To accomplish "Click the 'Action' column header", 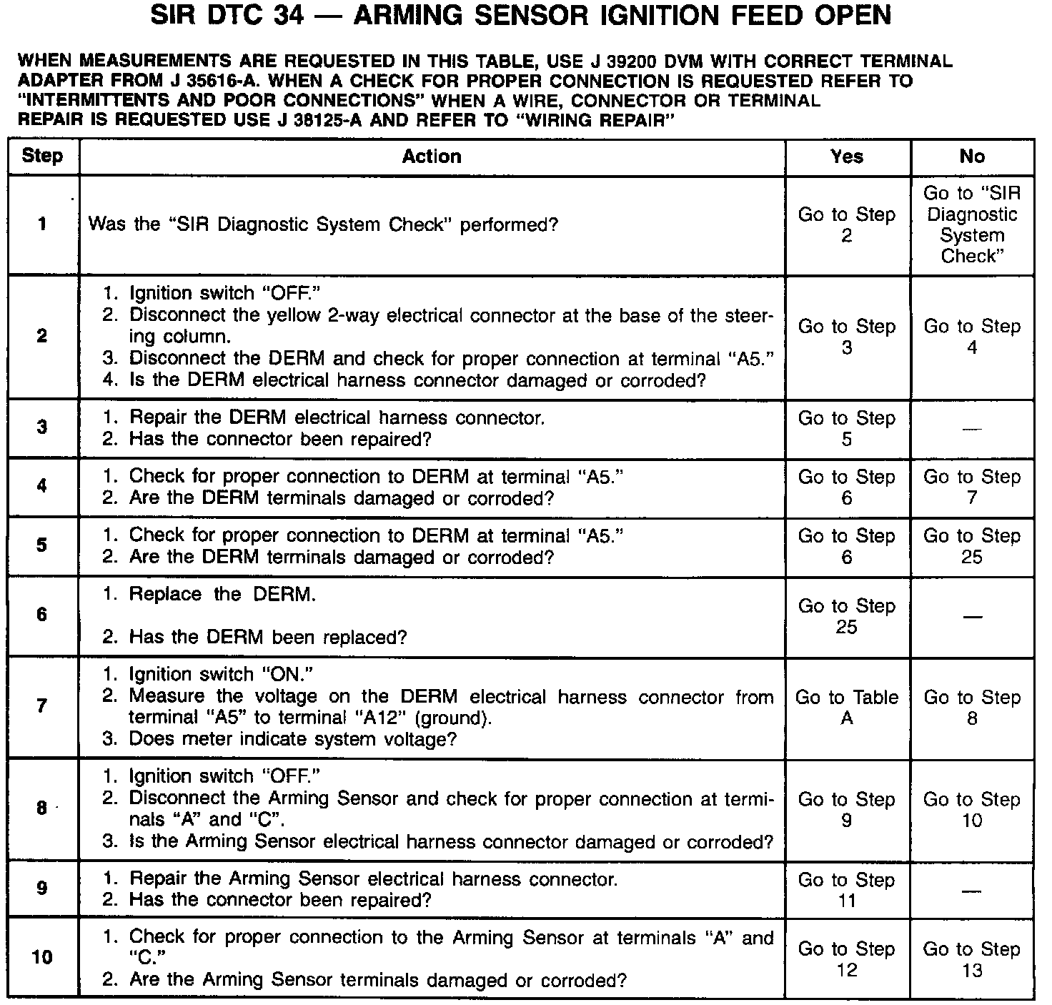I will [x=432, y=157].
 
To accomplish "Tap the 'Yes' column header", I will [x=847, y=157].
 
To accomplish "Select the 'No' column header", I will [x=972, y=157].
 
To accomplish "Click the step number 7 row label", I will [x=42, y=706].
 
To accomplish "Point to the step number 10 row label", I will [x=42, y=957].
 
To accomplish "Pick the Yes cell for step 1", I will [x=847, y=224].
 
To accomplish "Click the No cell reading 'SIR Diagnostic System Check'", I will [x=972, y=224].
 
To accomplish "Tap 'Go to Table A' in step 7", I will [x=847, y=707].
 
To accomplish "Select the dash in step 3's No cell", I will [x=972, y=429].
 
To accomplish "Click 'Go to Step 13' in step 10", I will [x=972, y=959].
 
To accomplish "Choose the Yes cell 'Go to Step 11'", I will [x=847, y=890].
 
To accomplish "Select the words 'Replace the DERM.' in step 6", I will [x=222, y=595].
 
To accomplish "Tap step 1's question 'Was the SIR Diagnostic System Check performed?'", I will [x=322, y=224].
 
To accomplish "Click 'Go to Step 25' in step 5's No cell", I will [x=972, y=546].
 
